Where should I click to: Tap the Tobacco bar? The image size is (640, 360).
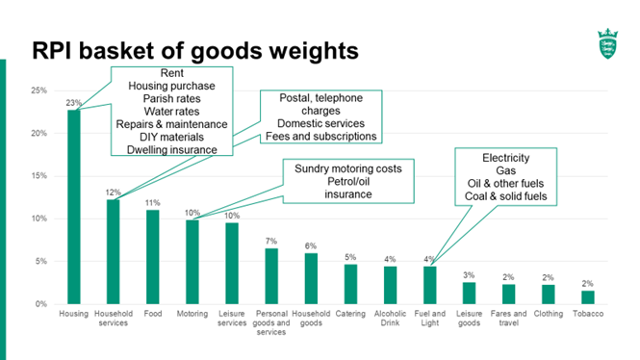(x=587, y=297)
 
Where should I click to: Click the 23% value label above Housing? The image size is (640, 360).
(x=73, y=103)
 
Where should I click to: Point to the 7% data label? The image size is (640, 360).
(x=271, y=241)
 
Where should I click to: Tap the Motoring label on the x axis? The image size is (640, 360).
(x=192, y=314)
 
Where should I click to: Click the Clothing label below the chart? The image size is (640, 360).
(x=548, y=314)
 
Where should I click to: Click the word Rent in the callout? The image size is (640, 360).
(x=170, y=73)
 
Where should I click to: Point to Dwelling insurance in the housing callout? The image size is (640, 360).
(x=170, y=149)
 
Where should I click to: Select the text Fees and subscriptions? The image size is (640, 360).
(x=320, y=137)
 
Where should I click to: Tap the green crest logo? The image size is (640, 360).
(x=607, y=45)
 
